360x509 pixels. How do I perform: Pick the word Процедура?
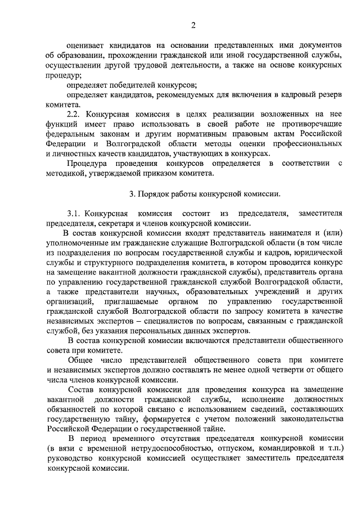87,164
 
